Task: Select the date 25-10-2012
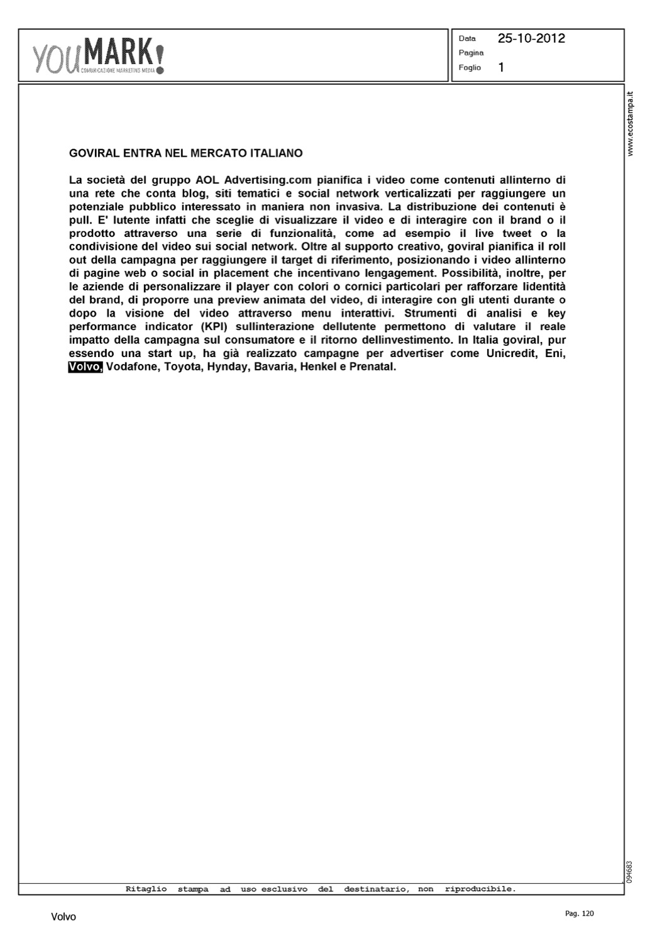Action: coord(531,38)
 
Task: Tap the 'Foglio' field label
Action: coord(470,68)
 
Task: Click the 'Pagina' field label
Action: coord(471,53)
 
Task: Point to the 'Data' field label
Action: coord(467,38)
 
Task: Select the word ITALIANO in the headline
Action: coord(277,153)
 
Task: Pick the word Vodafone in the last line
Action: coord(133,367)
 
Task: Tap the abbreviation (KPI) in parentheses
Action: coord(216,326)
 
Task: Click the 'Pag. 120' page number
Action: coord(579,913)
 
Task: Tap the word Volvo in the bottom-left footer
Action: coord(63,917)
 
